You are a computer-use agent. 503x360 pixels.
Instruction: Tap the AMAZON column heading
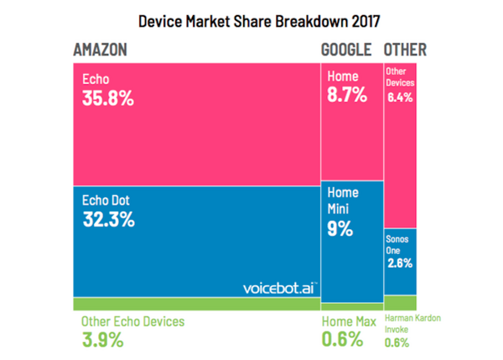point(101,50)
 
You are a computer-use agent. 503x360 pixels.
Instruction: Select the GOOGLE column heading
point(347,50)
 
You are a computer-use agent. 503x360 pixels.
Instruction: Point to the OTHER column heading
point(405,50)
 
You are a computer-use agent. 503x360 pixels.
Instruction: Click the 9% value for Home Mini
point(340,227)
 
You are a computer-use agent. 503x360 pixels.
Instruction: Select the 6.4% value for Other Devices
point(400,98)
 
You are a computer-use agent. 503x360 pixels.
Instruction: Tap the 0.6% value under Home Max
point(343,340)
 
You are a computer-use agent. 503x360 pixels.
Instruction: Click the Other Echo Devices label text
point(132,321)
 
